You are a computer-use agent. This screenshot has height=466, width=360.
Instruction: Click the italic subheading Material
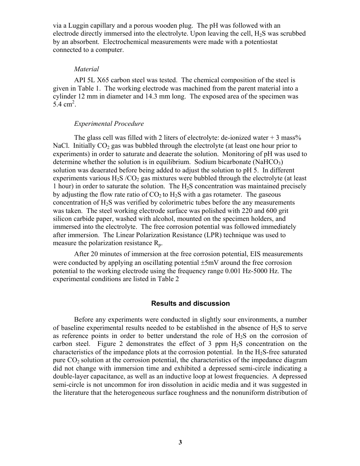coord(86,69)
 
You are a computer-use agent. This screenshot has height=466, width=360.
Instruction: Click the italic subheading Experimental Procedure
coord(109,124)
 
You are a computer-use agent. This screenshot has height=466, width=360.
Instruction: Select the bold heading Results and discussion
coord(190,303)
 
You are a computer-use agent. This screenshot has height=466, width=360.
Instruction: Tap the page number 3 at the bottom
coord(180,442)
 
